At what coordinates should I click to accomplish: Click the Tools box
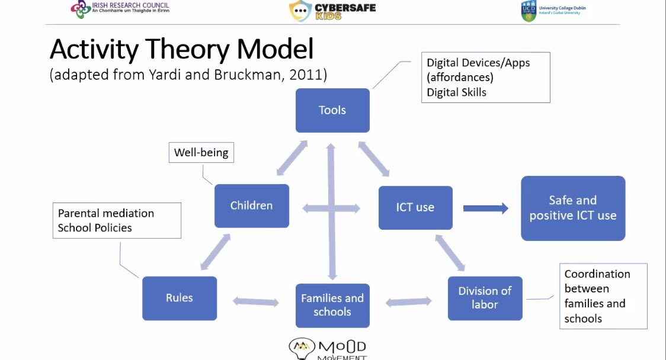point(332,110)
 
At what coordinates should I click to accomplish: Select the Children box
point(252,206)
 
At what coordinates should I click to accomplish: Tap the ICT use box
point(415,208)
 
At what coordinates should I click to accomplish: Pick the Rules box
point(180,298)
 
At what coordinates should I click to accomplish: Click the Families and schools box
point(332,305)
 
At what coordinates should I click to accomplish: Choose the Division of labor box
point(485,298)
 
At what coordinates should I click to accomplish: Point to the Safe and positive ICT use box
point(573,208)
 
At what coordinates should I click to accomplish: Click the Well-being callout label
point(201,153)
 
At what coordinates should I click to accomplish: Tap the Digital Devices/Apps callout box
point(485,78)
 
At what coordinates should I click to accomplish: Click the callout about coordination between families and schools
point(603,296)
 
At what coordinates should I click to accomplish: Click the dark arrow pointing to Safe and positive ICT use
point(485,208)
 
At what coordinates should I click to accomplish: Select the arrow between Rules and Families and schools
point(256,301)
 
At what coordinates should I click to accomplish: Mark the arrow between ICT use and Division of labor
point(450,252)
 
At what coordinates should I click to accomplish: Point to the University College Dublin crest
point(529,11)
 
